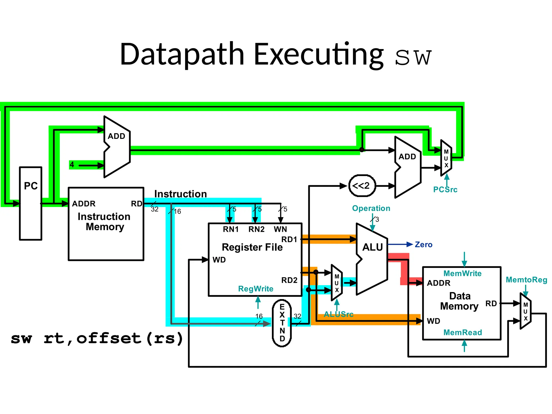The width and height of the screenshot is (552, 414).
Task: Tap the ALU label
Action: click(372, 247)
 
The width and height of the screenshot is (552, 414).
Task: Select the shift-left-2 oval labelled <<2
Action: click(362, 186)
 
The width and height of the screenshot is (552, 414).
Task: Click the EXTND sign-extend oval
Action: click(282, 323)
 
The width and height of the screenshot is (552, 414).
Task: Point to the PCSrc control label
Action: click(445, 189)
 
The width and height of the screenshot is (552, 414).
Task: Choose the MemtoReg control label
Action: click(526, 280)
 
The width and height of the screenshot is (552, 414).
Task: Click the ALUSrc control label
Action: click(339, 314)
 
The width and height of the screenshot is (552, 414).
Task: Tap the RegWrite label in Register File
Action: click(256, 289)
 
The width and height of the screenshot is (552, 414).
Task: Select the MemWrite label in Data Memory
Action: click(462, 273)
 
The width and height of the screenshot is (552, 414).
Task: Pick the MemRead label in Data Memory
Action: click(463, 332)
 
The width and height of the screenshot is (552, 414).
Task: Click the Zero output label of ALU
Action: click(423, 244)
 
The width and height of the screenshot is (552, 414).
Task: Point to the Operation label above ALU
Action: click(371, 208)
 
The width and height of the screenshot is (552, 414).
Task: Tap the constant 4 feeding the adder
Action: click(72, 164)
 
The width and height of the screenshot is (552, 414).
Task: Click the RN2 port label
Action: click(256, 229)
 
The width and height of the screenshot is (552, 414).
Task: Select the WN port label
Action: click(280, 229)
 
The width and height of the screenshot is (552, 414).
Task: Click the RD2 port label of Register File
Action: click(289, 280)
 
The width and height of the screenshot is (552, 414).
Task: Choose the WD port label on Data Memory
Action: click(433, 321)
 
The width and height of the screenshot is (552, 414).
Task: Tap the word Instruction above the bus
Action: click(180, 194)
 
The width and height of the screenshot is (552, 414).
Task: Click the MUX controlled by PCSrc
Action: click(446, 158)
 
